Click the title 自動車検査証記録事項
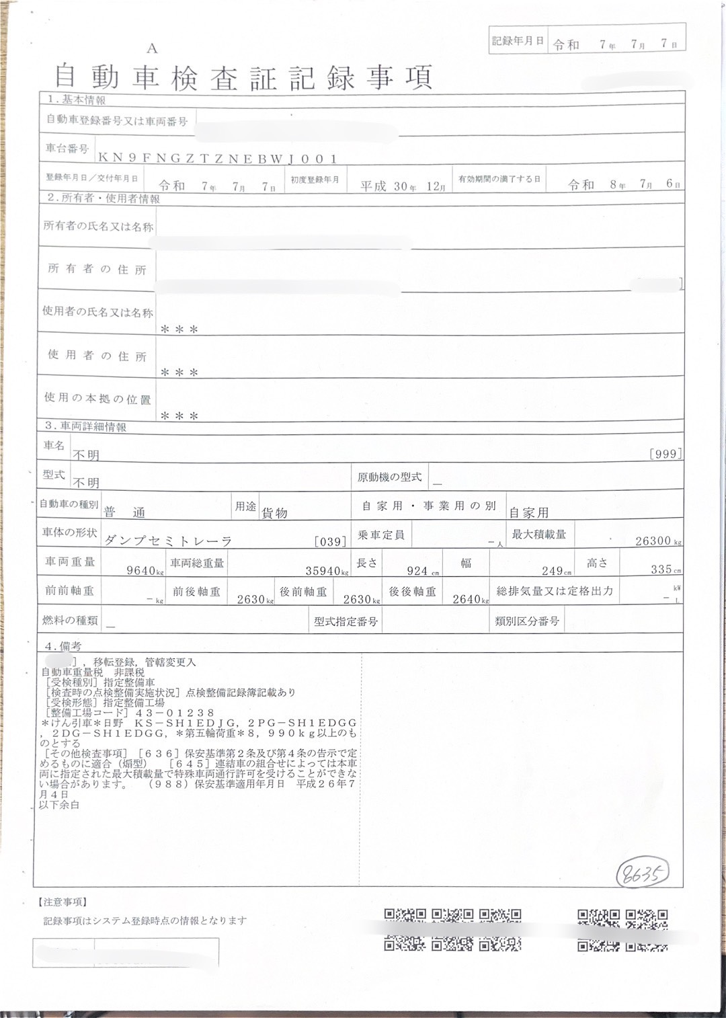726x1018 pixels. (243, 78)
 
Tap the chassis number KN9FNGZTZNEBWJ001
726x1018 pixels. (218, 159)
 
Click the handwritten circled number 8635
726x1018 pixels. (643, 873)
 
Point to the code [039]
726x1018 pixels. (331, 541)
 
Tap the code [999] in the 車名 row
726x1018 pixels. (666, 454)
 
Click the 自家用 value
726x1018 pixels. (529, 513)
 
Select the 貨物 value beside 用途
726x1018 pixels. (274, 513)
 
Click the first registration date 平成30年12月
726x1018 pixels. (403, 186)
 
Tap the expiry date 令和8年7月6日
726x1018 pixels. (624, 184)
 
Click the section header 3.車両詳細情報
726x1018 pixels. (85, 426)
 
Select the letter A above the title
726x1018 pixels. (152, 48)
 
